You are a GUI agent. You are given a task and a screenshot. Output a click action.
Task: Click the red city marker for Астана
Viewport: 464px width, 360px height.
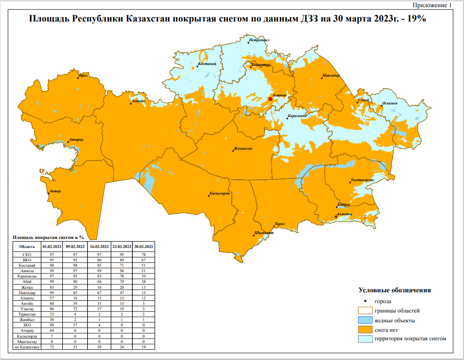270,99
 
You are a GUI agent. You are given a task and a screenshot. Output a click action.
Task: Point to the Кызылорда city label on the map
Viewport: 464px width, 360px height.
220,194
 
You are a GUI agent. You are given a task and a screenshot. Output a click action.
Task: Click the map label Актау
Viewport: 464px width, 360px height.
55,191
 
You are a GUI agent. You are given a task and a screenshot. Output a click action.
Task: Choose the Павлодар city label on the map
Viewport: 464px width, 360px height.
331,76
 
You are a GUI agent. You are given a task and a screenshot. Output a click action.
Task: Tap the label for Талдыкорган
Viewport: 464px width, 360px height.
362,180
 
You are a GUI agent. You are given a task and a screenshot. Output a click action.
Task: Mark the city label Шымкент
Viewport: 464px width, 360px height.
264,233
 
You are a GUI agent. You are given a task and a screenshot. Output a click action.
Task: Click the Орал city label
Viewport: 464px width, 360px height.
83,76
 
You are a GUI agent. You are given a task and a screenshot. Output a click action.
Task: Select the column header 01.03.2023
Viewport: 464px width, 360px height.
52,247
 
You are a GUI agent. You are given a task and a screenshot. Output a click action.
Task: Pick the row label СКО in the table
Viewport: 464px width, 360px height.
26,254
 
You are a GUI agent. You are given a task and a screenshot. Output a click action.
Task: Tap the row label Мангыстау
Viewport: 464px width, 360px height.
26,342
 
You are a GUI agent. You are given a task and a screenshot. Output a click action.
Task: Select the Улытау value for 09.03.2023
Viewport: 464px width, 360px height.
75,309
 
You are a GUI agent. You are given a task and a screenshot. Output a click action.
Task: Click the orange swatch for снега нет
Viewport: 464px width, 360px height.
366,330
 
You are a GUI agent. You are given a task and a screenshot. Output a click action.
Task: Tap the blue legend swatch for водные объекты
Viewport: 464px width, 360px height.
366,320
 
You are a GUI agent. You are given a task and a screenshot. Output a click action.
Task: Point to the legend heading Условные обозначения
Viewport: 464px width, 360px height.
395,290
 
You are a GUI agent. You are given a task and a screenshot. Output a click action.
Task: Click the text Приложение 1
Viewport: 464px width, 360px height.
432,5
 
